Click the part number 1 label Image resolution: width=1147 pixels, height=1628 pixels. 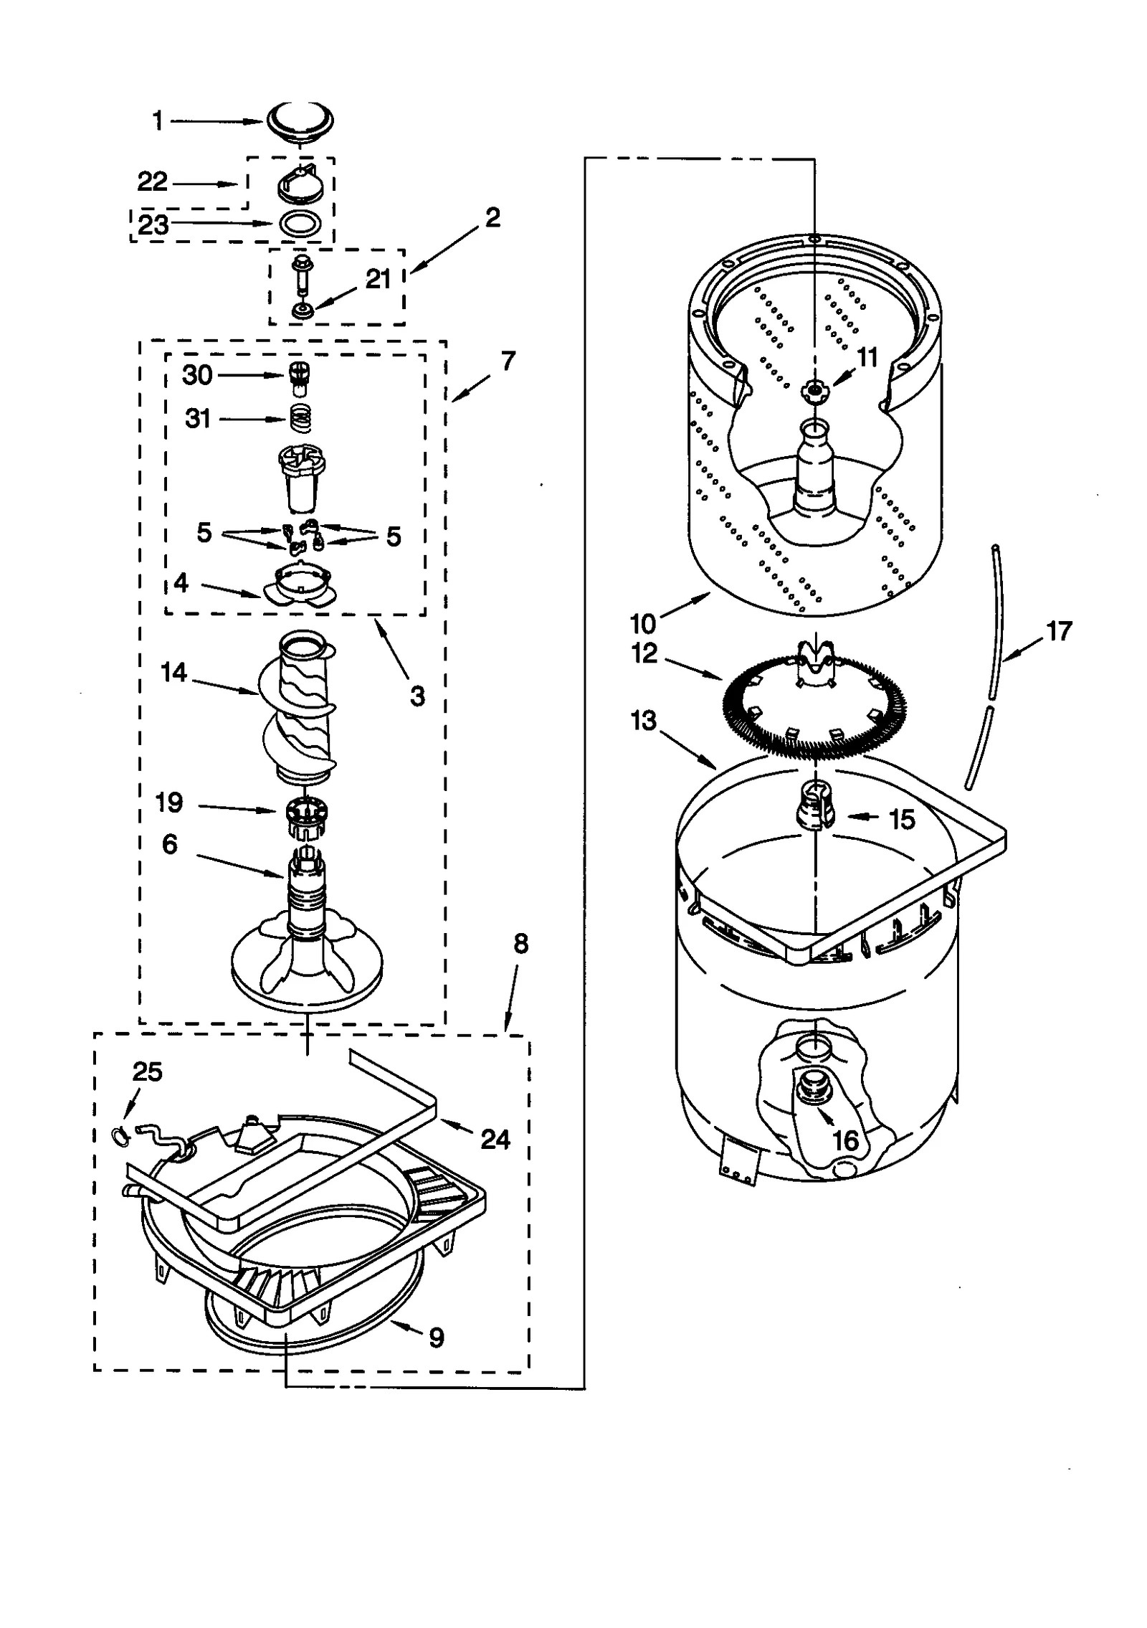coord(158,121)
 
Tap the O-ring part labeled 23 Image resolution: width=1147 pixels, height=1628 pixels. coord(300,223)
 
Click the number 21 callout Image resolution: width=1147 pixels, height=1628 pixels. coord(378,280)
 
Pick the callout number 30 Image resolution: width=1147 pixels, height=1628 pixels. coord(197,375)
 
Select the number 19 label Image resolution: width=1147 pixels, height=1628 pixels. coord(170,803)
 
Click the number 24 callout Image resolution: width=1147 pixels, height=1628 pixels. coord(495,1139)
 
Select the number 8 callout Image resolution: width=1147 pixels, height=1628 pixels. coord(520,945)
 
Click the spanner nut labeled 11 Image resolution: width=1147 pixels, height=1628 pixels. coord(814,390)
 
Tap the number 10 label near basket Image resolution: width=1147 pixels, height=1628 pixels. coord(643,623)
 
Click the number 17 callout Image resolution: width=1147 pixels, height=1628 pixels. coord(1059,631)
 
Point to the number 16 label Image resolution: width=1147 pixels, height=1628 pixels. coord(846,1140)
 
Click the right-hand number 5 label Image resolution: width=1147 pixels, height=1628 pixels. coord(394,536)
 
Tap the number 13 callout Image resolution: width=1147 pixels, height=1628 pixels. coord(643,720)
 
